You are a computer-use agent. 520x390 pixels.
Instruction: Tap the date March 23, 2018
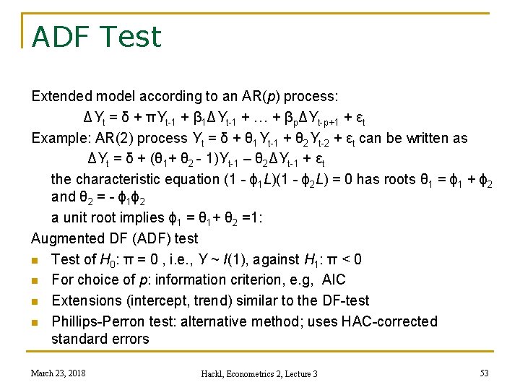coord(58,373)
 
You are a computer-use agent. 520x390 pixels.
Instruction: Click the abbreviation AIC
coord(333,279)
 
